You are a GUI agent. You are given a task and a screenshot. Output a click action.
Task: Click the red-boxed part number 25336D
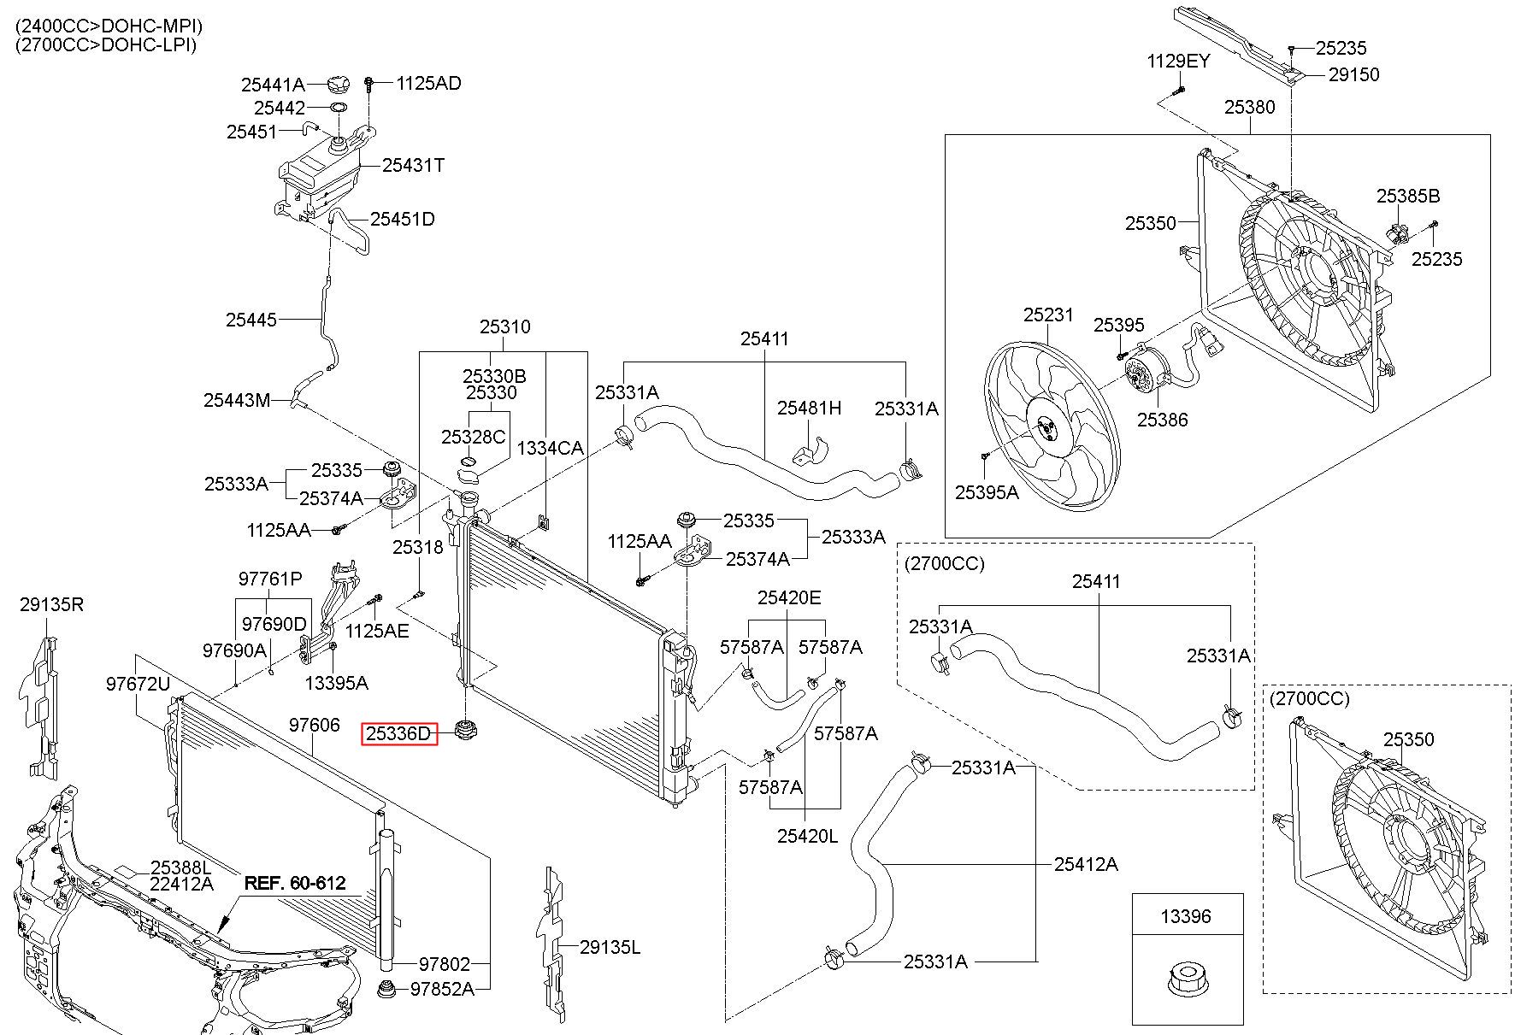(399, 733)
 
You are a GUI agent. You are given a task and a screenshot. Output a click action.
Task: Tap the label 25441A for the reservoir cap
(273, 85)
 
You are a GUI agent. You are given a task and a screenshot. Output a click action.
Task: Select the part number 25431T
(413, 165)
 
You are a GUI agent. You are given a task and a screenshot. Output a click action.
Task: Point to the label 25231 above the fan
(1048, 315)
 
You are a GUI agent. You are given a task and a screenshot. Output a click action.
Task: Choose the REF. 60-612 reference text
(296, 883)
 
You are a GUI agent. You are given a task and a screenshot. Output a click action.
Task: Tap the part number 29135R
(52, 605)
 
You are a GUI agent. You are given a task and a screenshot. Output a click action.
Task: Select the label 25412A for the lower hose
(1086, 864)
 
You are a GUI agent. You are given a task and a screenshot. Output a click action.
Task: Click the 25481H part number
(809, 408)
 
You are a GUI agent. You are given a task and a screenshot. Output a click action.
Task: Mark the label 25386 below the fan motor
(1162, 420)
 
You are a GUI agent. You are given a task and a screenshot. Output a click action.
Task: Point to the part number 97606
(314, 725)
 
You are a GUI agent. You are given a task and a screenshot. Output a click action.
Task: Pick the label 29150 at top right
(1354, 74)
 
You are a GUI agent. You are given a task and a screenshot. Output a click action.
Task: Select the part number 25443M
(237, 400)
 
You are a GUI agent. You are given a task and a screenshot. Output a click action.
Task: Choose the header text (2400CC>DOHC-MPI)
(109, 26)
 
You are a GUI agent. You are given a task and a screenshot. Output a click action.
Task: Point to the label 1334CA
(549, 448)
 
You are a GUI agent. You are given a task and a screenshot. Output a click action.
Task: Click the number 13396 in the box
(1186, 916)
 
